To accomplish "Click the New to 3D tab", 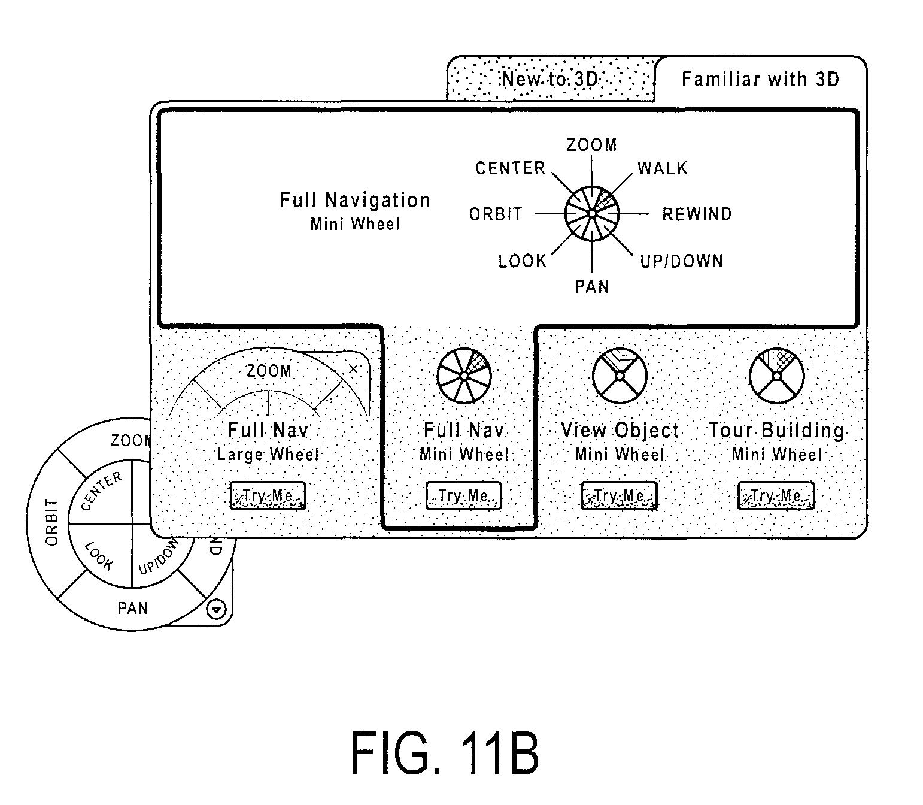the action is click(550, 80).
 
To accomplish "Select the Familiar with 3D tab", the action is click(761, 80).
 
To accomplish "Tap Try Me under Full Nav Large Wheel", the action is click(268, 495).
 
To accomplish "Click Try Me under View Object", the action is click(619, 495).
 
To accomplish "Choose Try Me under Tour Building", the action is click(776, 495).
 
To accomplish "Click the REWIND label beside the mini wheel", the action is click(697, 214).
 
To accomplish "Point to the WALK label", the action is click(662, 168).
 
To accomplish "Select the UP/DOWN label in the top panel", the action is click(682, 261).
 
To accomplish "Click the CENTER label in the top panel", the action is click(510, 168).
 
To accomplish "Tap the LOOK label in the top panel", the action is click(523, 261).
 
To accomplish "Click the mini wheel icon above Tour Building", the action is click(776, 376).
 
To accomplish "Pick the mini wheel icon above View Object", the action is click(620, 376).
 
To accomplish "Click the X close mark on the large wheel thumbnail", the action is click(353, 368).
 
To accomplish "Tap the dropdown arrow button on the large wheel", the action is click(216, 610).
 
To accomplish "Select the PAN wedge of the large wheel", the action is click(132, 608).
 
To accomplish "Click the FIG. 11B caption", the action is click(444, 753).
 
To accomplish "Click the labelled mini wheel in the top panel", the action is click(592, 214).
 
